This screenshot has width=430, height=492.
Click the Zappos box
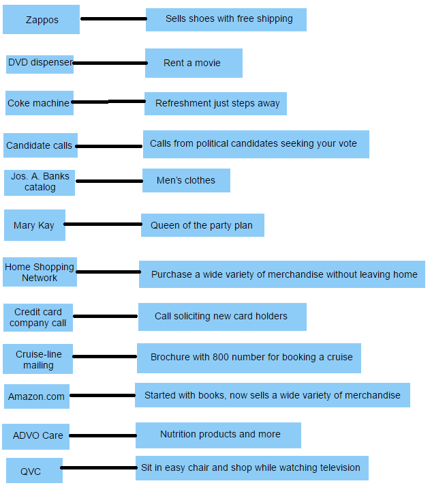point(41,20)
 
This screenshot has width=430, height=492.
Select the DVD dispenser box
point(40,63)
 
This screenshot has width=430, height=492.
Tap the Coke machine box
point(38,103)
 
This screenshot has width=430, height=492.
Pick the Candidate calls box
point(40,145)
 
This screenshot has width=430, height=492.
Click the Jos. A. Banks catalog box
point(40,182)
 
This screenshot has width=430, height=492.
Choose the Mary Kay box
point(34,225)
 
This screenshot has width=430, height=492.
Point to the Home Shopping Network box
point(40,272)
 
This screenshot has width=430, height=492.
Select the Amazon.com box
point(36,396)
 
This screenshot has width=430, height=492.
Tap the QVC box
point(34,471)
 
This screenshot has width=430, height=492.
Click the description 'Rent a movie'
point(194,63)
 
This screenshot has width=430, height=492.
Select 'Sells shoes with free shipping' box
point(226,19)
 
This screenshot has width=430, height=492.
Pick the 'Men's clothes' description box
point(186,181)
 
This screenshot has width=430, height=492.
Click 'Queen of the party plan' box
point(202,225)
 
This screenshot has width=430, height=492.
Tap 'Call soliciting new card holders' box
point(222,317)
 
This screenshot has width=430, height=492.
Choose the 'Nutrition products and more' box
point(218,435)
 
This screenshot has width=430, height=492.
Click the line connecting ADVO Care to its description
point(102,435)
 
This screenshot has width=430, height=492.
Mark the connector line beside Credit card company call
point(106,317)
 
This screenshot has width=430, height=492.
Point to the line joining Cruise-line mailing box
point(105,356)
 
